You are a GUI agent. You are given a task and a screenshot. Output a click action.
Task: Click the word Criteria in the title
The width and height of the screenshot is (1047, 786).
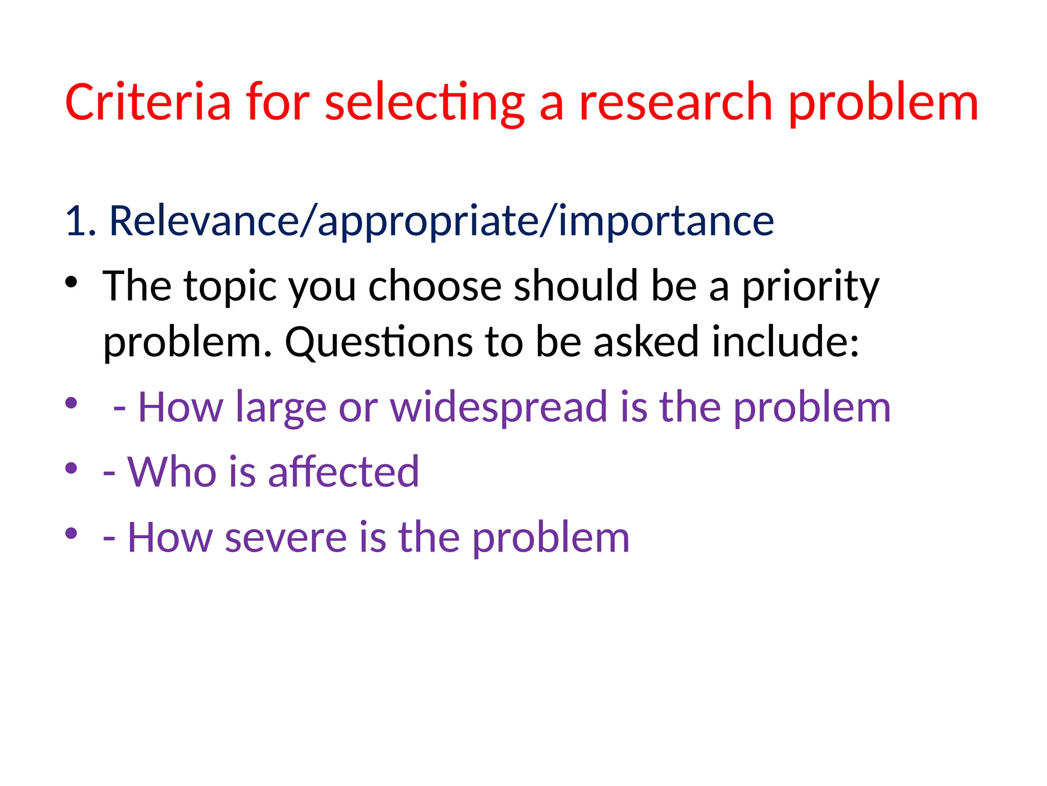[x=148, y=102]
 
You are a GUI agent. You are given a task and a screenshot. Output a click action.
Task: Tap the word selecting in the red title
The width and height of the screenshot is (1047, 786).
[x=424, y=102]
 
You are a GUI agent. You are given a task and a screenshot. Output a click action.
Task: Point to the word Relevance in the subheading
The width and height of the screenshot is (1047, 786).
[x=204, y=221]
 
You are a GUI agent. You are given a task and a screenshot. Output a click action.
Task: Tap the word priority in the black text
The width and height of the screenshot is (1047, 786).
[x=810, y=287]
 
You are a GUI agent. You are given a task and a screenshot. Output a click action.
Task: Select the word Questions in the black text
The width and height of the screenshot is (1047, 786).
[x=378, y=342]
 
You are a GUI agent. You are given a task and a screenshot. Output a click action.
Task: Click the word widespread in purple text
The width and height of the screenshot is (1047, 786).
[x=499, y=407]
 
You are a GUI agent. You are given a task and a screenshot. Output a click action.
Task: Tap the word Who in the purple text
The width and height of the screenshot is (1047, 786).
[x=172, y=472]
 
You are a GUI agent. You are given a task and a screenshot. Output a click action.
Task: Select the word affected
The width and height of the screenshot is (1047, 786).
[x=343, y=472]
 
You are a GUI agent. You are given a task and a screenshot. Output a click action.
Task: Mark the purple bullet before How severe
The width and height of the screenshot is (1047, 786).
[x=71, y=533]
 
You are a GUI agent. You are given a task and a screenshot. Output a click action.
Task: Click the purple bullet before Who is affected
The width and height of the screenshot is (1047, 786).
[x=71, y=468]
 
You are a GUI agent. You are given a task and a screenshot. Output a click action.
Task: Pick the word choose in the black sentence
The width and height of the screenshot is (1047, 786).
[x=435, y=287]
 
